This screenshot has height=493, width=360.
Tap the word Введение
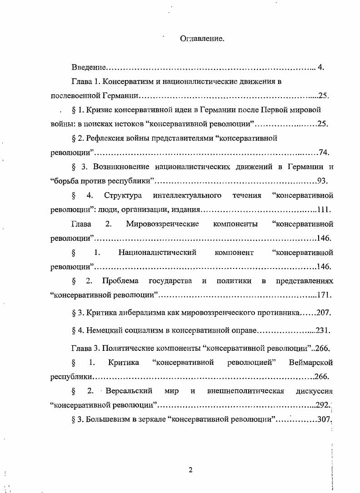coord(89,68)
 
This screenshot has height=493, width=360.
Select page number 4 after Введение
coord(320,68)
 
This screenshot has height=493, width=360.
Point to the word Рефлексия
coord(104,138)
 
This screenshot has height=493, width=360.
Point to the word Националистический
coord(157,252)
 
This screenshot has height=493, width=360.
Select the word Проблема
coord(120,281)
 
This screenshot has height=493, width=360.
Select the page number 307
coord(323,420)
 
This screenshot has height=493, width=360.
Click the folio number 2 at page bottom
coord(190,470)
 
